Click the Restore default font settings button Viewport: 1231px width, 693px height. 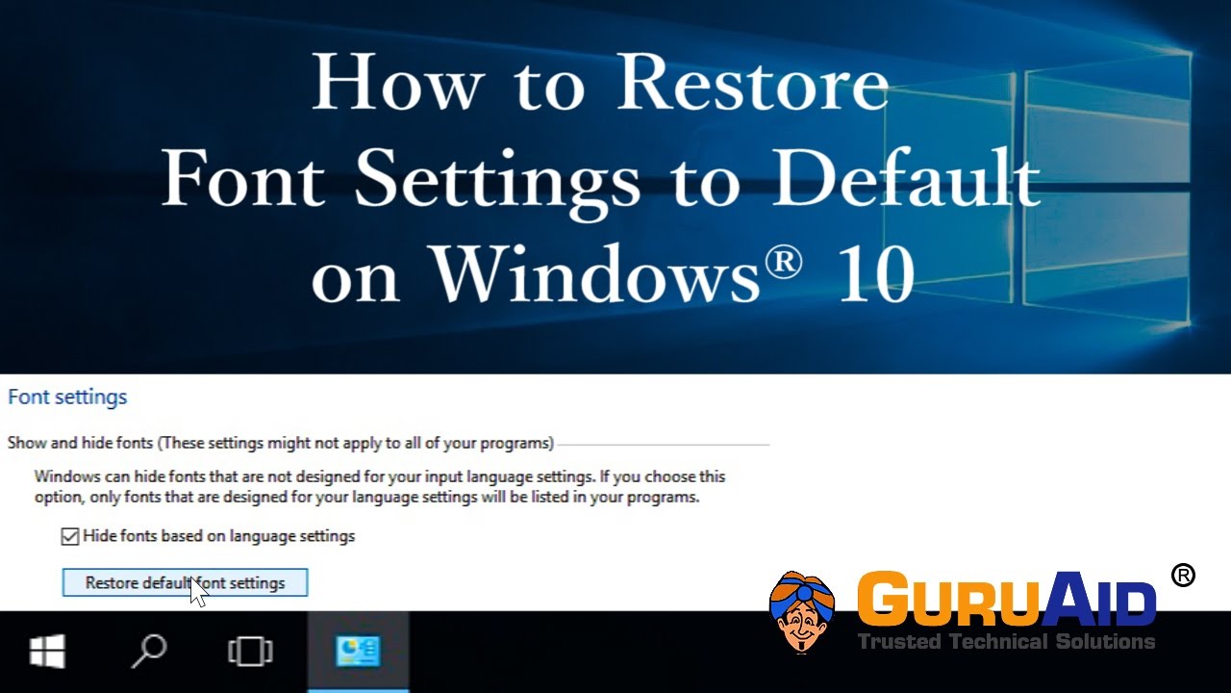pyautogui.click(x=185, y=582)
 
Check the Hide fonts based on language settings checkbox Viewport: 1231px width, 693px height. pyautogui.click(x=69, y=536)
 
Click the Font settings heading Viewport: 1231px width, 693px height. pyautogui.click(x=67, y=397)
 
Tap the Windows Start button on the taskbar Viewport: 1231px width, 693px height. pyautogui.click(x=47, y=652)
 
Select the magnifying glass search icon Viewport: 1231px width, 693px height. pyautogui.click(x=148, y=652)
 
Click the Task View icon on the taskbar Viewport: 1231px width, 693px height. pyautogui.click(x=249, y=652)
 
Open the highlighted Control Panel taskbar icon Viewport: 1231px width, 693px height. pyautogui.click(x=358, y=652)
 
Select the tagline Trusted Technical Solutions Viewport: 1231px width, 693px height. pyautogui.click(x=1006, y=641)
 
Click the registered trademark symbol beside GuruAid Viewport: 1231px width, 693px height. pyautogui.click(x=1183, y=575)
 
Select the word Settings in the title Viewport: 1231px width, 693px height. pyautogui.click(x=497, y=180)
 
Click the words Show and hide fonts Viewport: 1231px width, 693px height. pyautogui.click(x=80, y=444)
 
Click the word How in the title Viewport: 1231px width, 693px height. pyautogui.click(x=396, y=84)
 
